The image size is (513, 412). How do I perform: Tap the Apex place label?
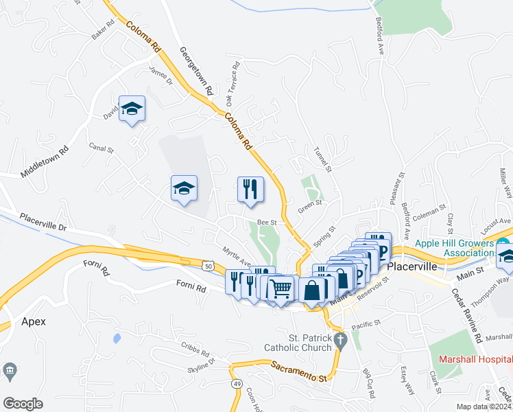click(x=33, y=321)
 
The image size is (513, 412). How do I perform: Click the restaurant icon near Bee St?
click(x=250, y=189)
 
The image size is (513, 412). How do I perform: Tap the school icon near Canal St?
click(x=184, y=189)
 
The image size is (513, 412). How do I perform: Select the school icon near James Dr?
click(x=132, y=108)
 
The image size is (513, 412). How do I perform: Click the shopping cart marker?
click(x=281, y=288)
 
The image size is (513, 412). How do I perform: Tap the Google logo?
click(x=23, y=404)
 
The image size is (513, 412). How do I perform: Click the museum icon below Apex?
click(x=10, y=371)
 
